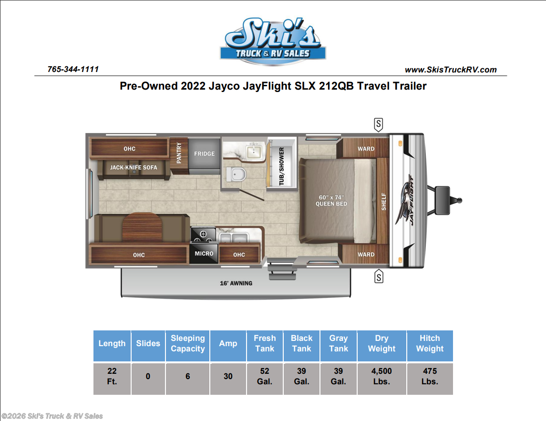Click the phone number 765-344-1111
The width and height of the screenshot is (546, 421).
click(73, 69)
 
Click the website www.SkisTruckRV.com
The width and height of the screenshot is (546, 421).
click(451, 70)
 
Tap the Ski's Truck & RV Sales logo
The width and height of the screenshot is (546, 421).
click(273, 41)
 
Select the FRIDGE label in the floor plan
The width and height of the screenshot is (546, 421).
click(205, 154)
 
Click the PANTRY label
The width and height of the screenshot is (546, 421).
click(179, 153)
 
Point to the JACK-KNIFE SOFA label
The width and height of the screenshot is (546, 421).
click(134, 167)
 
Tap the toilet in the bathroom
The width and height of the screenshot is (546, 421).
click(237, 174)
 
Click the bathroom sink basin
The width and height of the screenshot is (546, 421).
click(254, 152)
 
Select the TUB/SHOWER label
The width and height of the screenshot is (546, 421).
click(281, 166)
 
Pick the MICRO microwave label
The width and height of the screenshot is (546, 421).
click(204, 254)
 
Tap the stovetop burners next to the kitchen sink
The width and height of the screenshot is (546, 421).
click(203, 235)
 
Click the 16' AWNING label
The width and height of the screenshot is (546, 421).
click(236, 283)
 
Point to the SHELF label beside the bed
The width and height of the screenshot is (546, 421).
click(384, 202)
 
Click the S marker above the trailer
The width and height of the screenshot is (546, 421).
click(379, 124)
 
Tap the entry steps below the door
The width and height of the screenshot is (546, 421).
click(282, 270)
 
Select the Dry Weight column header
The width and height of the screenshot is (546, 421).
click(381, 343)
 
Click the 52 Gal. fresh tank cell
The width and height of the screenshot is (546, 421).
click(265, 377)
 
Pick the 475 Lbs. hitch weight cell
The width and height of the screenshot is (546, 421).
click(430, 377)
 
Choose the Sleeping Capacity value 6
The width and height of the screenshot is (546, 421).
click(188, 377)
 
